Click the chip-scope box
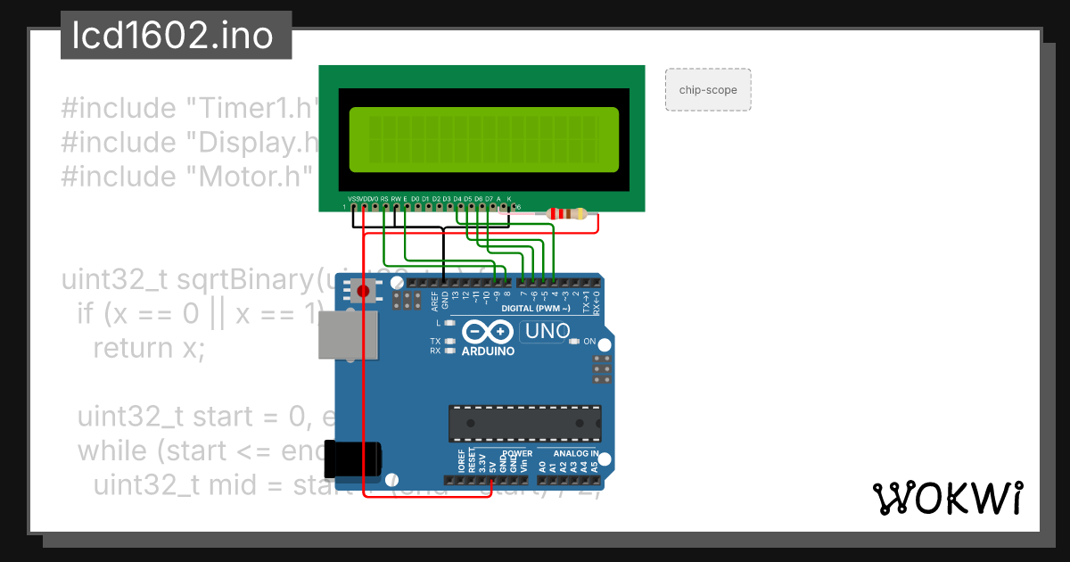tap(708, 90)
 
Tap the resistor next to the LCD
tap(566, 214)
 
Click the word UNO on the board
tap(547, 332)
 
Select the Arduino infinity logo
tap(487, 333)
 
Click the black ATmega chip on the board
tap(524, 423)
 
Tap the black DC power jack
tap(352, 459)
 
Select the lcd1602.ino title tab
tap(176, 37)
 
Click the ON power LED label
tap(588, 342)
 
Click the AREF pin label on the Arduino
tap(434, 300)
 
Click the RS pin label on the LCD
tap(384, 198)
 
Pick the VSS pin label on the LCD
tap(353, 198)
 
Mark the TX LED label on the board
tap(435, 342)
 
